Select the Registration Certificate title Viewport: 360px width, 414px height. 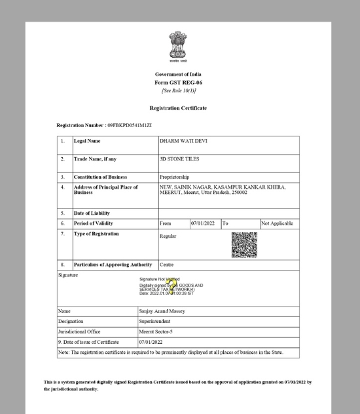(x=178, y=107)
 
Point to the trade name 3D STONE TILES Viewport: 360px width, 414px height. (x=180, y=159)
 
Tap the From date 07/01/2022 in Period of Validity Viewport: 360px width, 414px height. (x=204, y=223)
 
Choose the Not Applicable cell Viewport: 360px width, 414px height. (x=278, y=223)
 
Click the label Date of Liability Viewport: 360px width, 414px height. (x=92, y=214)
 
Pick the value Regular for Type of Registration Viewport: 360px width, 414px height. (x=168, y=236)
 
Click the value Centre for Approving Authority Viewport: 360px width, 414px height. (x=167, y=265)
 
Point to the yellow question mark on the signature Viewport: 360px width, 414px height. (x=173, y=285)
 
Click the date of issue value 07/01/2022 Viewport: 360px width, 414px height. (x=151, y=342)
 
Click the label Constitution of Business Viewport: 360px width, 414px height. (x=100, y=177)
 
